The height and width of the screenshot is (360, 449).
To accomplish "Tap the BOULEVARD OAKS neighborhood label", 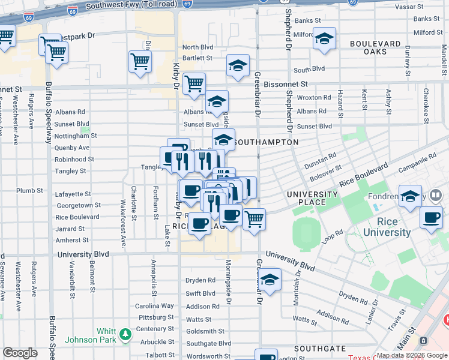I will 375,48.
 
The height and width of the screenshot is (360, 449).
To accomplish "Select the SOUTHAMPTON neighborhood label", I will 265,142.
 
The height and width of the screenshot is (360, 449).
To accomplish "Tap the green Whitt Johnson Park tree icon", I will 125,334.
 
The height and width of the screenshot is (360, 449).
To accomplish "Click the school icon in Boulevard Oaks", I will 324,39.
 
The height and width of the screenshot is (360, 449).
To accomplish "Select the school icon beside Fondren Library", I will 411,196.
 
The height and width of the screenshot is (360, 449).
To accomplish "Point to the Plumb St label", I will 30,191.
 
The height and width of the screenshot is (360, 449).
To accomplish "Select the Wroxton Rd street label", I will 314,97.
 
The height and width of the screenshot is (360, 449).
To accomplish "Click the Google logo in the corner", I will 20,353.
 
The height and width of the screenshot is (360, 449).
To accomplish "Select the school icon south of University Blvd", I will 270,280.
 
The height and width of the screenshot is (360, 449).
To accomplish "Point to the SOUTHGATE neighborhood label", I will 320,349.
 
